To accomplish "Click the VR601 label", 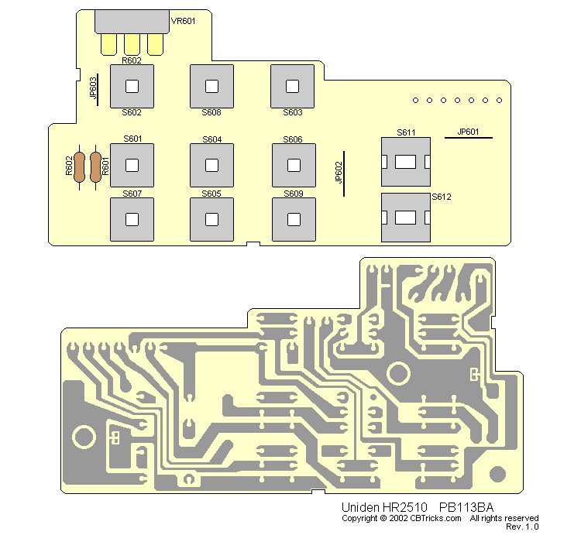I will click(183, 21).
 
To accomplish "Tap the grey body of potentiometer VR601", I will click(132, 22).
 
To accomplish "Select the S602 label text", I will click(132, 113).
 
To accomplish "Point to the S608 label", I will click(211, 113).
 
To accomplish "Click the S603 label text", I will click(292, 113).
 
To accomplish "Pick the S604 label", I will click(211, 139).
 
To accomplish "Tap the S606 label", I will click(293, 139).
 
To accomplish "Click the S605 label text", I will click(211, 193).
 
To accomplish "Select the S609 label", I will click(293, 193).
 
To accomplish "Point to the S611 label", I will click(406, 132).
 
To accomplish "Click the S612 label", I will click(442, 197).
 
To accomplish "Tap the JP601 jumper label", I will click(469, 132).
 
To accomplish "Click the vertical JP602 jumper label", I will click(338, 172).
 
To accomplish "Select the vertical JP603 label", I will click(94, 87).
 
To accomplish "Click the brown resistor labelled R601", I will click(97, 166).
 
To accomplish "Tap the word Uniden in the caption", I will click(357, 507).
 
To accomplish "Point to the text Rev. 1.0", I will click(521, 527).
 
